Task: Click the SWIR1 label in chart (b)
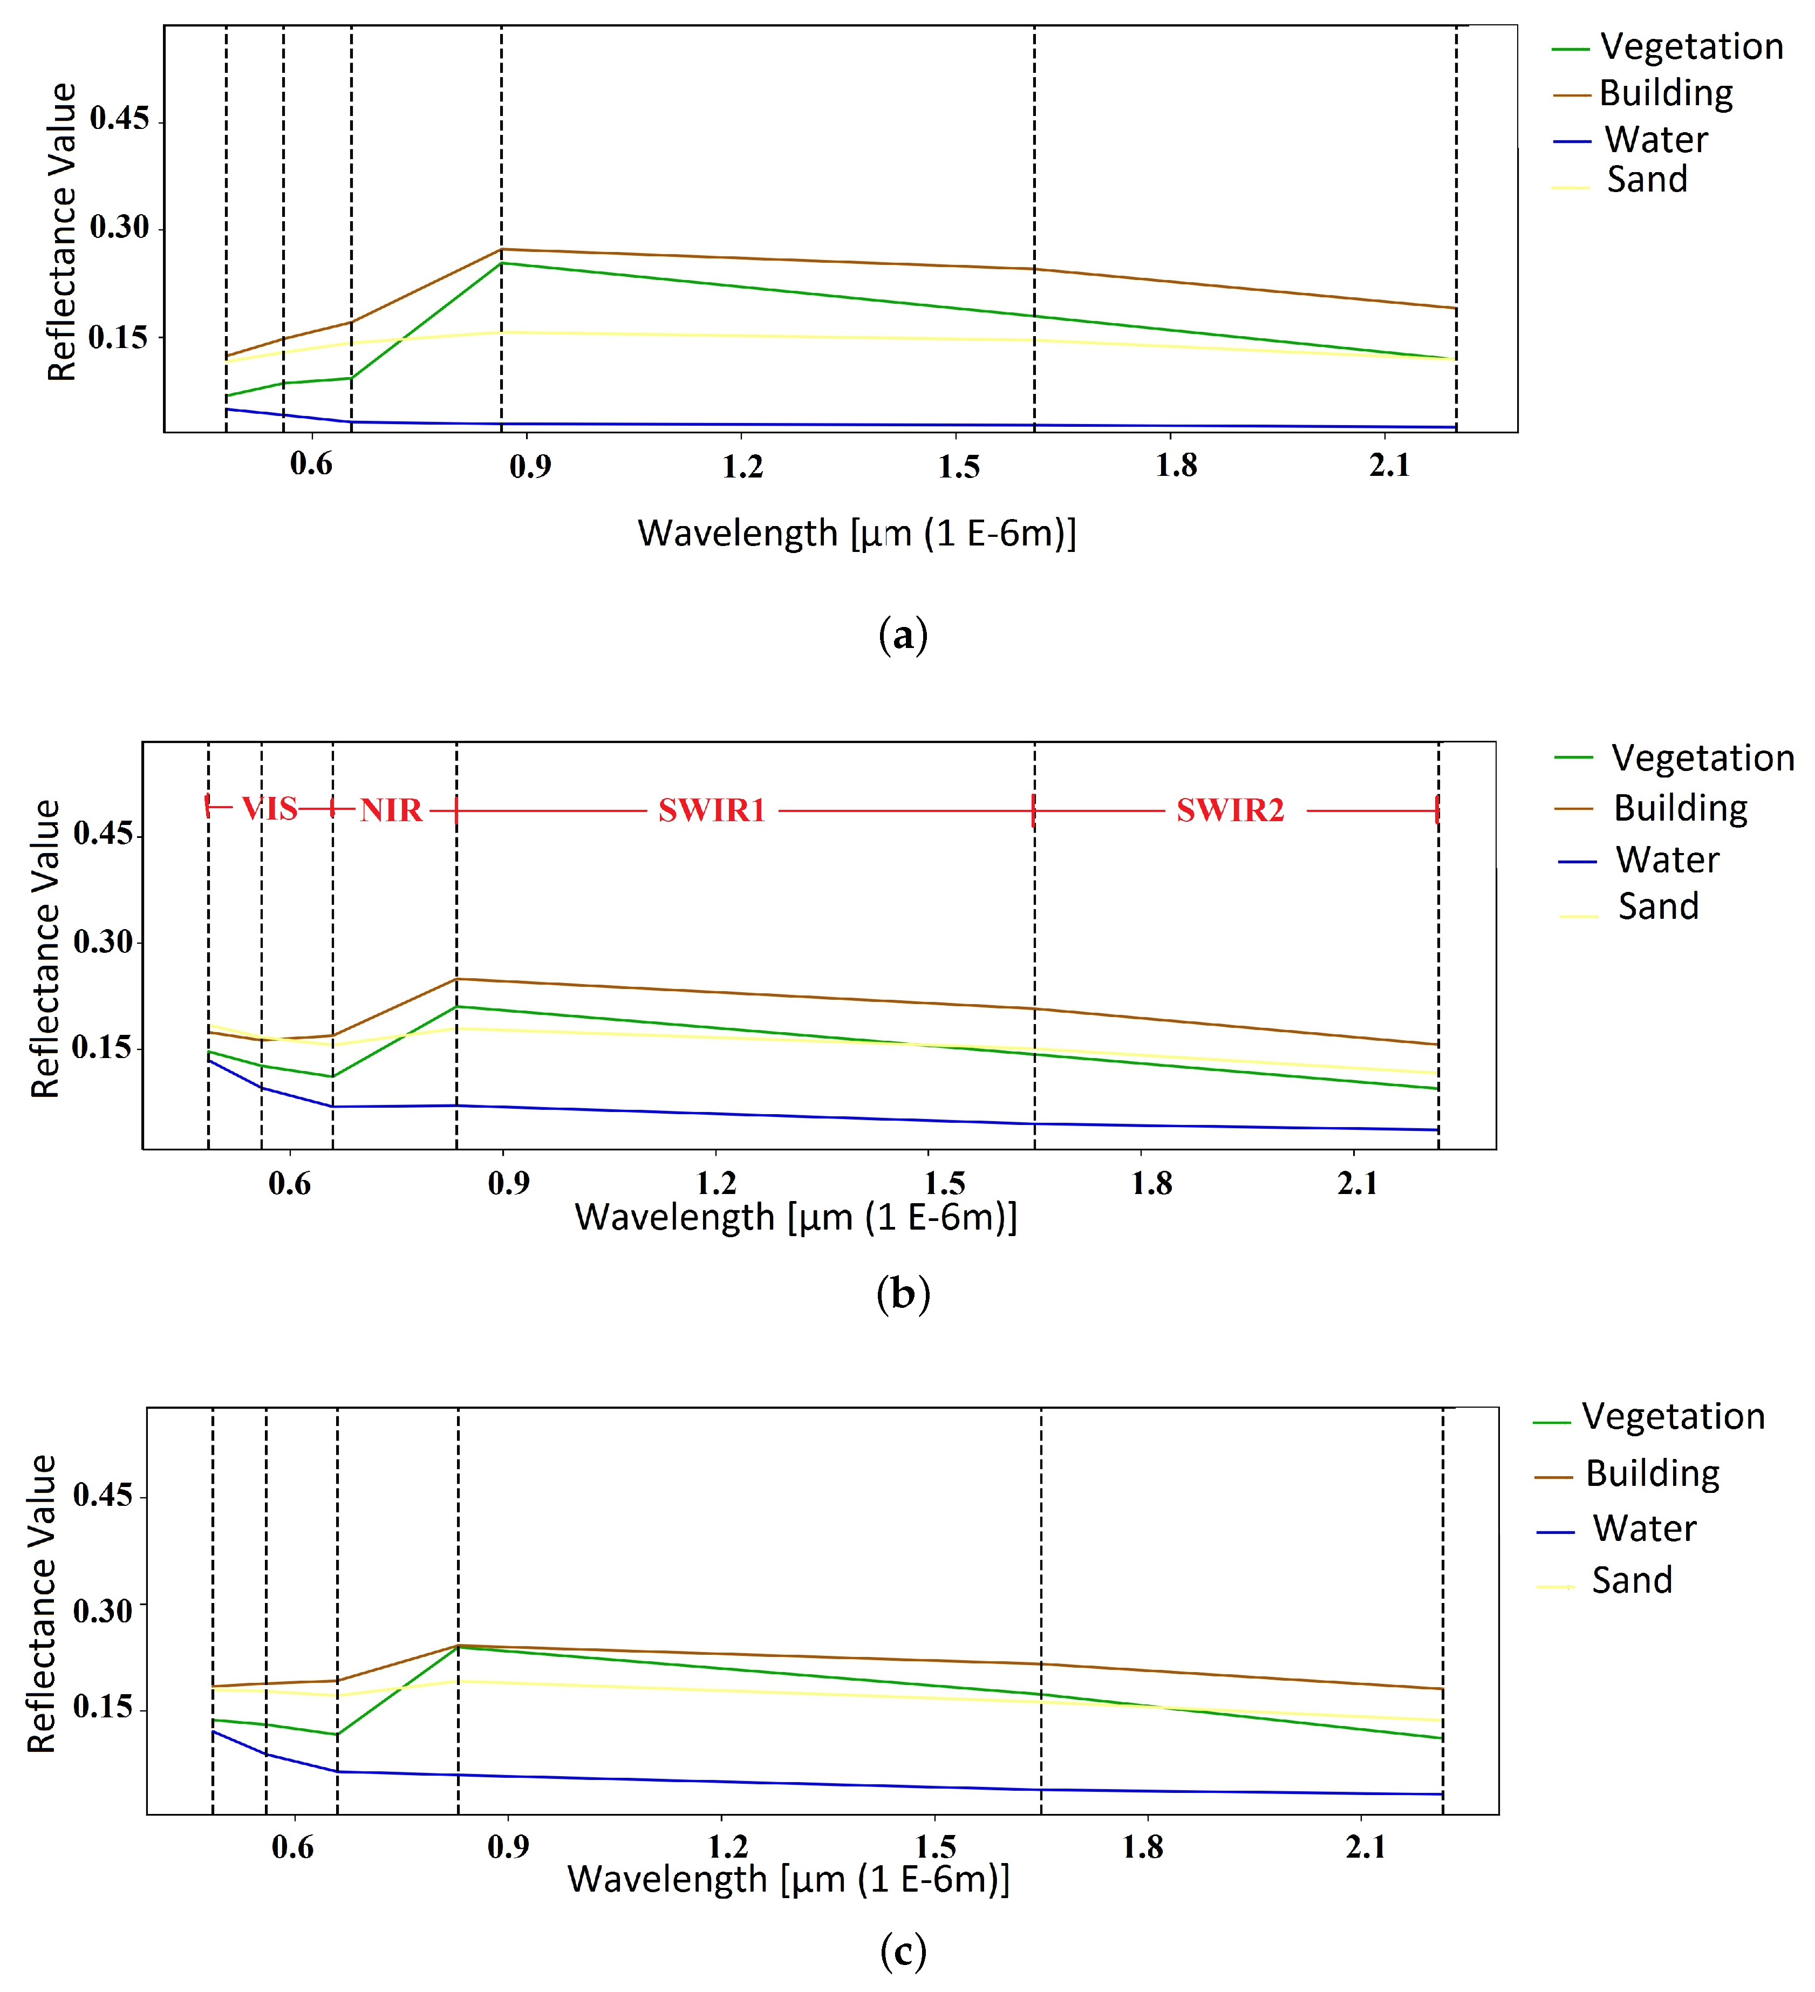pyautogui.click(x=711, y=810)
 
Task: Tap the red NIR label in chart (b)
pyautogui.click(x=391, y=810)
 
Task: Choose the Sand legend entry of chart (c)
pyautogui.click(x=1631, y=1580)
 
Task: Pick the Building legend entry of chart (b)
pyautogui.click(x=1680, y=808)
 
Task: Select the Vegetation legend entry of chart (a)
pyautogui.click(x=1690, y=46)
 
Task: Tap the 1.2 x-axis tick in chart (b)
pyautogui.click(x=717, y=1183)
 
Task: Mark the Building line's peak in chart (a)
pyautogui.click(x=502, y=249)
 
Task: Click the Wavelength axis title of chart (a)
pyautogui.click(x=856, y=534)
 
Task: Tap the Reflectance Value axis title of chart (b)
pyautogui.click(x=45, y=949)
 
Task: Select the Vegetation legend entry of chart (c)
pyautogui.click(x=1671, y=1417)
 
